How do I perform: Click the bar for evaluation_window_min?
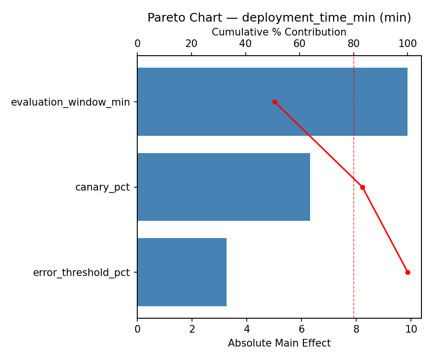(272, 102)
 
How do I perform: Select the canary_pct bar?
(224, 187)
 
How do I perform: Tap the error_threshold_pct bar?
(182, 272)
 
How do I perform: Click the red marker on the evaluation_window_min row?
(275, 102)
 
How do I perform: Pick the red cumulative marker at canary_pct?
(362, 187)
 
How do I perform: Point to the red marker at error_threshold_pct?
(408, 272)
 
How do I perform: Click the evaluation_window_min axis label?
(71, 102)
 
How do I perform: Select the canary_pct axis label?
(103, 187)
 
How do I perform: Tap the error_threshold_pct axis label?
(82, 273)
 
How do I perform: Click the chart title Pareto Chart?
(279, 18)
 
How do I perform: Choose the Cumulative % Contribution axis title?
(279, 32)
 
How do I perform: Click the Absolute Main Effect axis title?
(279, 343)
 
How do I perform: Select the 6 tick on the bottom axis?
(301, 329)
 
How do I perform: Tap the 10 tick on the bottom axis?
(411, 329)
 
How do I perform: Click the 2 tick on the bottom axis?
(192, 329)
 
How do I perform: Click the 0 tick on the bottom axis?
(137, 329)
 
